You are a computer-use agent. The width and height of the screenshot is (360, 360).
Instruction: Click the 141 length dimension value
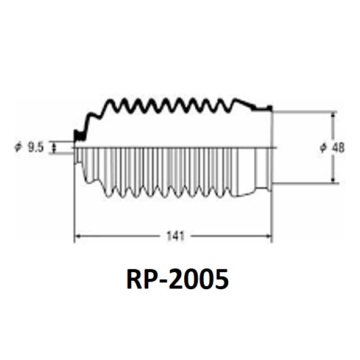coord(175,236)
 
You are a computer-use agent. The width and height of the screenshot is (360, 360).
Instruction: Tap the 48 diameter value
coord(338,148)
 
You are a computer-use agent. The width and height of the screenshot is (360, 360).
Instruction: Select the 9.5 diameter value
coord(35,147)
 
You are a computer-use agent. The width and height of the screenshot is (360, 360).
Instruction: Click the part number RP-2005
coord(178,279)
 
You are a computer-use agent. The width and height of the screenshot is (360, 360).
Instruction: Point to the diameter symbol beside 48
coord(323,148)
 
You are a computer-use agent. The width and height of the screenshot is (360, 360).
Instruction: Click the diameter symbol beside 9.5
coord(18,147)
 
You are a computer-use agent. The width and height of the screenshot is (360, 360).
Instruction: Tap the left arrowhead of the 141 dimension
coord(77,236)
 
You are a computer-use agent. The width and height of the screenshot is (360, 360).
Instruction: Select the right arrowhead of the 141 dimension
coord(268,236)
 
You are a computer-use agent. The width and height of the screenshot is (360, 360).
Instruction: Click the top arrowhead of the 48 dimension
coord(333,115)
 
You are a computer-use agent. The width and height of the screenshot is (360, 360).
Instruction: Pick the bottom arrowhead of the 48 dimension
coord(333,180)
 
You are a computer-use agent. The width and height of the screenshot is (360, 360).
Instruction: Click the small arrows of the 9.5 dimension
coord(54,147)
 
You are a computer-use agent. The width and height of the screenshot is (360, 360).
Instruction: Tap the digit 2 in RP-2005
coord(176,279)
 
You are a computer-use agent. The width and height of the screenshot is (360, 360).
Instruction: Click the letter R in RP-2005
coord(134,279)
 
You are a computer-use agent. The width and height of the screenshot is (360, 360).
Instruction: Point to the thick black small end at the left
coord(79,135)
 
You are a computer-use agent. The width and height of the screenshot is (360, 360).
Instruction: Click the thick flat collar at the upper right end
coord(262,109)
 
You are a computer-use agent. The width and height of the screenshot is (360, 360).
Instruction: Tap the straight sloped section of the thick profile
coord(245,103)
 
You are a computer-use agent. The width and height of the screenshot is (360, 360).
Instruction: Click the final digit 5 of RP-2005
coord(221,279)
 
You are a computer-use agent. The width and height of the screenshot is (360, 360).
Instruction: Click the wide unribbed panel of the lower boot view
coord(246,171)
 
